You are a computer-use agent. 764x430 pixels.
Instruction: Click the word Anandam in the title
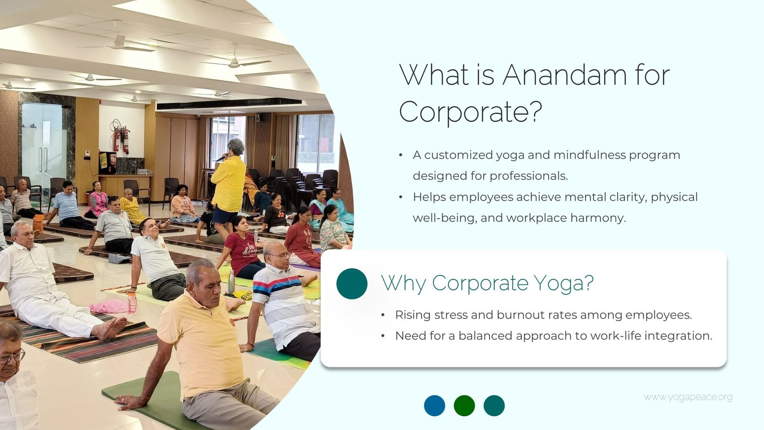coord(564,75)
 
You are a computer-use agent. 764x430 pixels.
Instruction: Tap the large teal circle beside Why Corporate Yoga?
coord(351,284)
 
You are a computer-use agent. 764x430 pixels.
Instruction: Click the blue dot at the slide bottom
coord(435,406)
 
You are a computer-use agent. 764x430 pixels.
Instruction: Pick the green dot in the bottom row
coord(464,406)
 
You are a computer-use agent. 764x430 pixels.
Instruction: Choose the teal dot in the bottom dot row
coord(494,406)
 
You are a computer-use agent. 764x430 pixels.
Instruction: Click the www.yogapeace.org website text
coord(688,398)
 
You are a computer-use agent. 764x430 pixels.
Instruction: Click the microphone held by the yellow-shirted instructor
coord(221,158)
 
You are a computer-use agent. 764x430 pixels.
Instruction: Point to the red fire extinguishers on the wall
coord(121,140)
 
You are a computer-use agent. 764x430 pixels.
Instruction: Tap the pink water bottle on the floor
coord(132,303)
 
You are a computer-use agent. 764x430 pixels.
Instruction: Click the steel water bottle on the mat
coord(231,282)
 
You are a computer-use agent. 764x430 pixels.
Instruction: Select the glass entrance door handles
coord(43,160)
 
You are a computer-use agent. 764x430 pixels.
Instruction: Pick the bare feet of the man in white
coord(111,328)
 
